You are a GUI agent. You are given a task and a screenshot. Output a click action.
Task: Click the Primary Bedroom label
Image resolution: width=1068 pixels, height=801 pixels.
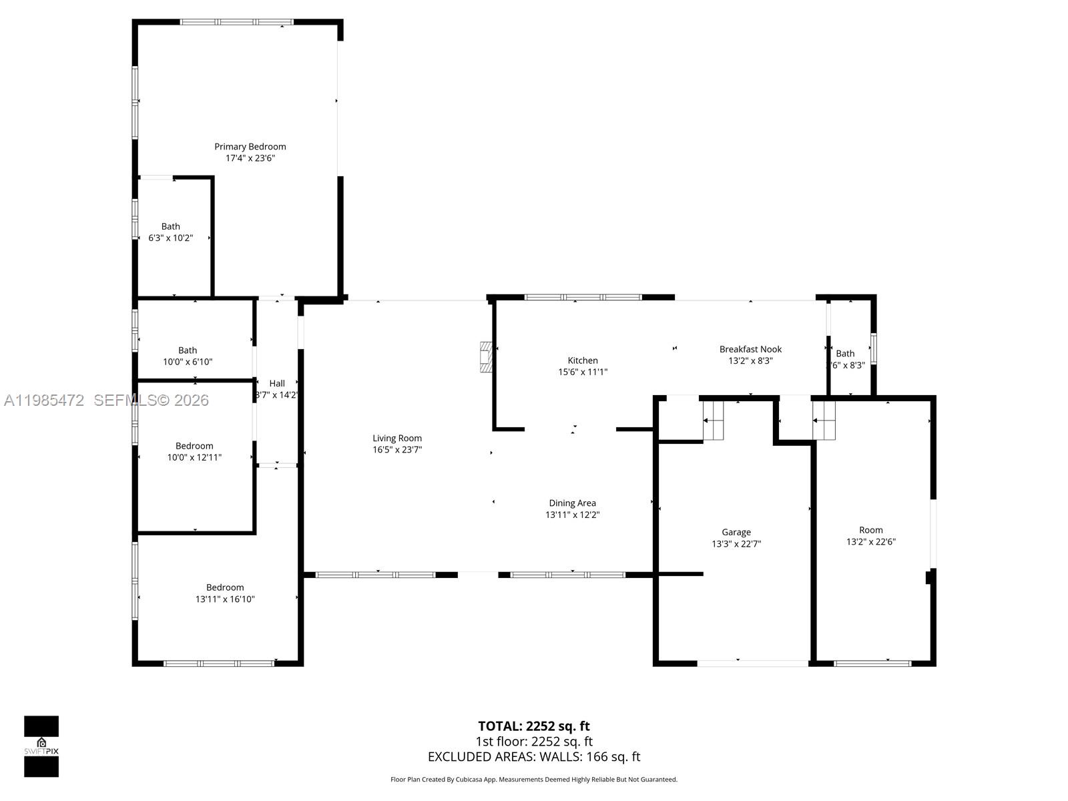click(250, 146)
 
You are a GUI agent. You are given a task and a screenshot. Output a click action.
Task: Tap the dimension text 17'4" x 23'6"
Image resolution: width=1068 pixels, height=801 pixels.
click(250, 158)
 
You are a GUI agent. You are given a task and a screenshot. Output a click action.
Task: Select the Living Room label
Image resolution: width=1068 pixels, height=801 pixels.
click(397, 438)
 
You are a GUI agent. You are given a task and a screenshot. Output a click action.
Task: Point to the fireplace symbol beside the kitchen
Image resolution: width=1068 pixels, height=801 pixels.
click(487, 357)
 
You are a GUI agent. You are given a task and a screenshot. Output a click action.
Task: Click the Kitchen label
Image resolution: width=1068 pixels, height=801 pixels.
click(583, 360)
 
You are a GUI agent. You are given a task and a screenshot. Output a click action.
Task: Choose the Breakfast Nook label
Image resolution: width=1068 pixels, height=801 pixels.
click(750, 349)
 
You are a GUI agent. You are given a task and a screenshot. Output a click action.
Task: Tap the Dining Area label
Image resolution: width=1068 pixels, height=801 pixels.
click(572, 503)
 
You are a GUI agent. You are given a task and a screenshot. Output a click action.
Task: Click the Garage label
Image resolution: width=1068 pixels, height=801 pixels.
click(736, 532)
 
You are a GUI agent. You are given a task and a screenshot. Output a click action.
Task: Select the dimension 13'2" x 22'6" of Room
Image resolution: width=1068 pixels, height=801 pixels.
click(870, 542)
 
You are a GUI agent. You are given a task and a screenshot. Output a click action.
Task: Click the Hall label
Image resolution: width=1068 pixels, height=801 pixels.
click(277, 383)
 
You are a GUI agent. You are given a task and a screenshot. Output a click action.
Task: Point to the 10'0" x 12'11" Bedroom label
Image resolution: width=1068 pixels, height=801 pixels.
click(194, 446)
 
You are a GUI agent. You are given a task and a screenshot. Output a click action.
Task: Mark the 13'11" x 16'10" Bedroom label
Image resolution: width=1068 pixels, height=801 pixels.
click(225, 587)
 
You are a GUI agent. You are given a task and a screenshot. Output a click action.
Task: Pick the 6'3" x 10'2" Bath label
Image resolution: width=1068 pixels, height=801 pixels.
click(170, 226)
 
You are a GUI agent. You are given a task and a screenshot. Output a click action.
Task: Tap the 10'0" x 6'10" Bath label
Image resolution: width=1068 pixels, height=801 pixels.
click(188, 350)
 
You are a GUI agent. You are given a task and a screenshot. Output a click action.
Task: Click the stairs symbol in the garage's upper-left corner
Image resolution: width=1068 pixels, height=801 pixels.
click(714, 421)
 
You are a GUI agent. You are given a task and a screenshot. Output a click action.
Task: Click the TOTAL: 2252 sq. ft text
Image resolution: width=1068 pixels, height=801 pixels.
click(533, 726)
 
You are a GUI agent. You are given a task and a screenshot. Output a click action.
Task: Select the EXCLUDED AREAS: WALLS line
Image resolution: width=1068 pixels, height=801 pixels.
click(533, 757)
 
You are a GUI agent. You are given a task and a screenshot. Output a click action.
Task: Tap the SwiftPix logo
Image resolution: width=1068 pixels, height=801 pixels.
click(41, 746)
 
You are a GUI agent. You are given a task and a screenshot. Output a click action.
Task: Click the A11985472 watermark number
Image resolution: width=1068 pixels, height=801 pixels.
click(44, 400)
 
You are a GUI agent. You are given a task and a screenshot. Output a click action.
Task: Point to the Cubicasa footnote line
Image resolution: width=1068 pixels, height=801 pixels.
click(533, 780)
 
